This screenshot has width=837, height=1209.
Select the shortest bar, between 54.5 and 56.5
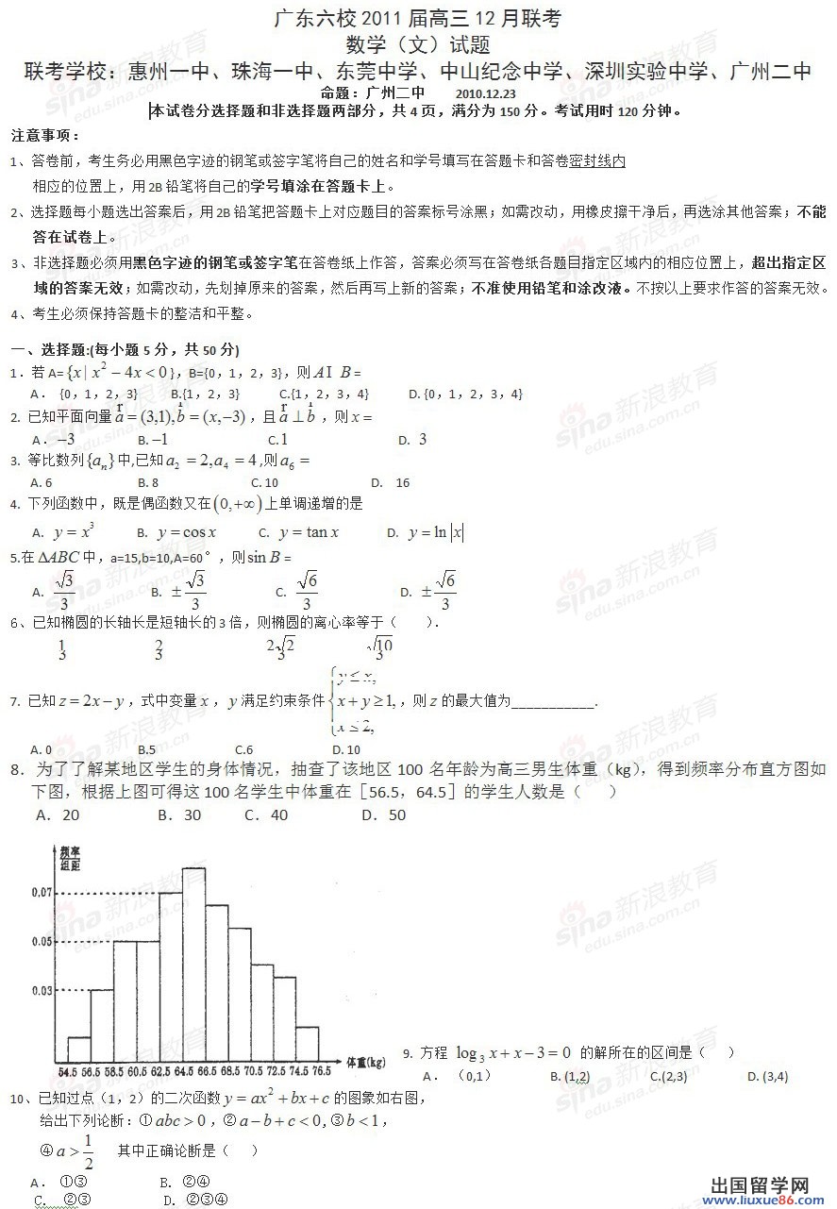tap(79, 1049)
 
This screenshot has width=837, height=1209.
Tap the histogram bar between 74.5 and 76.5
tap(309, 1045)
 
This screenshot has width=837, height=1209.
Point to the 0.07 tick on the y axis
tap(42, 892)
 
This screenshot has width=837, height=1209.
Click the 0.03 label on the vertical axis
tap(42, 990)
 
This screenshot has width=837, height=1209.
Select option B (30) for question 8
tap(179, 814)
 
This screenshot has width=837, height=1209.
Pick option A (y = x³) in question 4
tap(63, 533)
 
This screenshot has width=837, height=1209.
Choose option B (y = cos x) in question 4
tap(177, 533)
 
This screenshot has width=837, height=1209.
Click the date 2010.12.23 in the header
tap(485, 92)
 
